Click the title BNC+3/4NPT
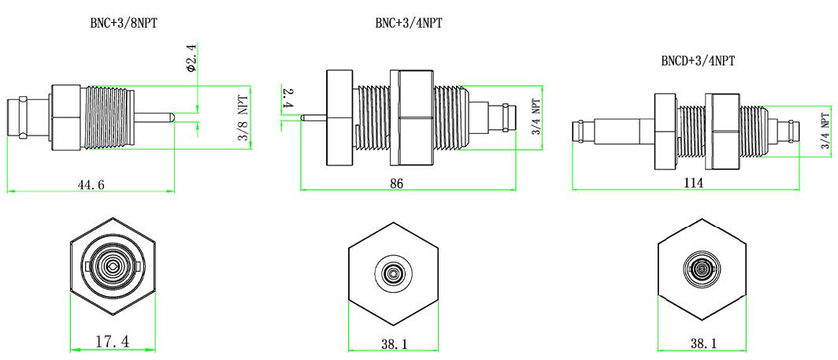(x=408, y=23)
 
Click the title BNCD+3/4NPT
(x=699, y=60)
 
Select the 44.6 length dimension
(x=89, y=185)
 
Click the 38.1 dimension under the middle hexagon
(x=394, y=344)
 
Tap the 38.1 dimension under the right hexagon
(x=703, y=344)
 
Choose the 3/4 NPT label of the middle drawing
(x=536, y=118)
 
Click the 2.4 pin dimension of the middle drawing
(x=288, y=98)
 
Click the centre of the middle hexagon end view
(x=394, y=273)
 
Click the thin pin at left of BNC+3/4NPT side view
(x=314, y=118)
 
